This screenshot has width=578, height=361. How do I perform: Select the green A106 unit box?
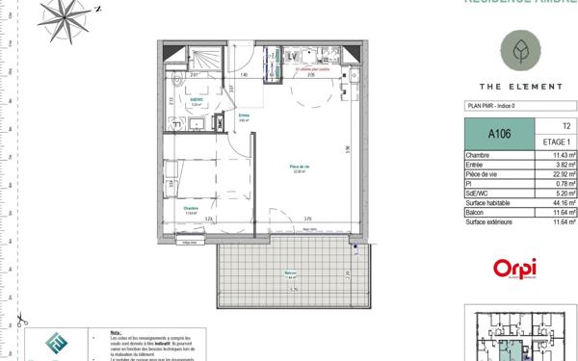(x=499, y=134)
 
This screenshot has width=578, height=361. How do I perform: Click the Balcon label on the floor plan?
(x=289, y=273)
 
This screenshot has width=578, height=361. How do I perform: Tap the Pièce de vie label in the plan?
(x=299, y=168)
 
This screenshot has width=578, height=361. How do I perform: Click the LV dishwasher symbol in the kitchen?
(x=294, y=57)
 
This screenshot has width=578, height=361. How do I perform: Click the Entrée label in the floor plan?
(x=244, y=116)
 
